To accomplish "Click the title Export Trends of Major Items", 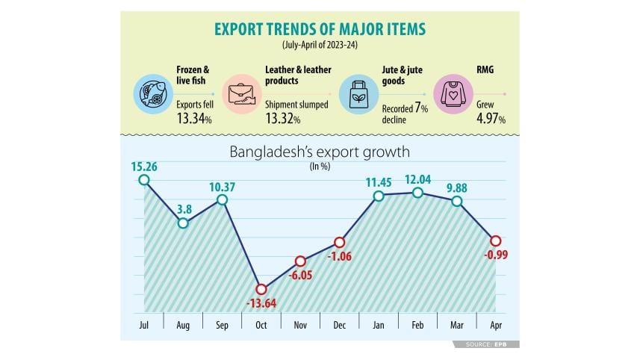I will click(x=320, y=29).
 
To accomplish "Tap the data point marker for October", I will click(x=261, y=289).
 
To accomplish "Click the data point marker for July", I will click(x=144, y=180).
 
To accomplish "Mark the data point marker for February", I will click(x=417, y=193).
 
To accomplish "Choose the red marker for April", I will click(x=494, y=240).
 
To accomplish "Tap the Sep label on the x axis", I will click(x=222, y=325).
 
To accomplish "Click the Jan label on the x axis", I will click(x=379, y=325).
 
